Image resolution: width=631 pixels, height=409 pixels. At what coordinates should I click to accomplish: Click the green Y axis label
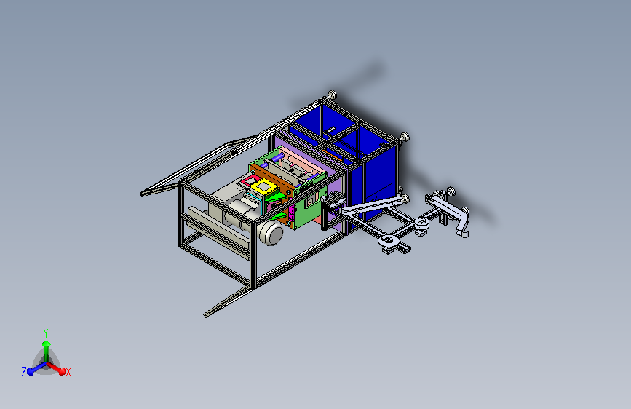tap(46, 333)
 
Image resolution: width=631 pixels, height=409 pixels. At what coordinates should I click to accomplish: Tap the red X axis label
tap(68, 373)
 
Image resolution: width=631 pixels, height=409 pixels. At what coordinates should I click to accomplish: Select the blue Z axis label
tap(24, 372)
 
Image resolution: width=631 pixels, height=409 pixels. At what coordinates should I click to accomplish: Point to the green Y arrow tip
tap(47, 344)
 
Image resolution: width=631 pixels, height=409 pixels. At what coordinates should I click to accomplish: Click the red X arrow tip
tap(62, 371)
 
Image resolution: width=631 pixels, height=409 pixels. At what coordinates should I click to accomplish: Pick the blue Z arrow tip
tap(31, 372)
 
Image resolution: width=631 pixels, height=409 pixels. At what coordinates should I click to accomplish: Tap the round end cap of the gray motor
tap(272, 234)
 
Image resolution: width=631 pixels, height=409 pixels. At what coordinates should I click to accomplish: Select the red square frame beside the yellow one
tap(250, 180)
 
